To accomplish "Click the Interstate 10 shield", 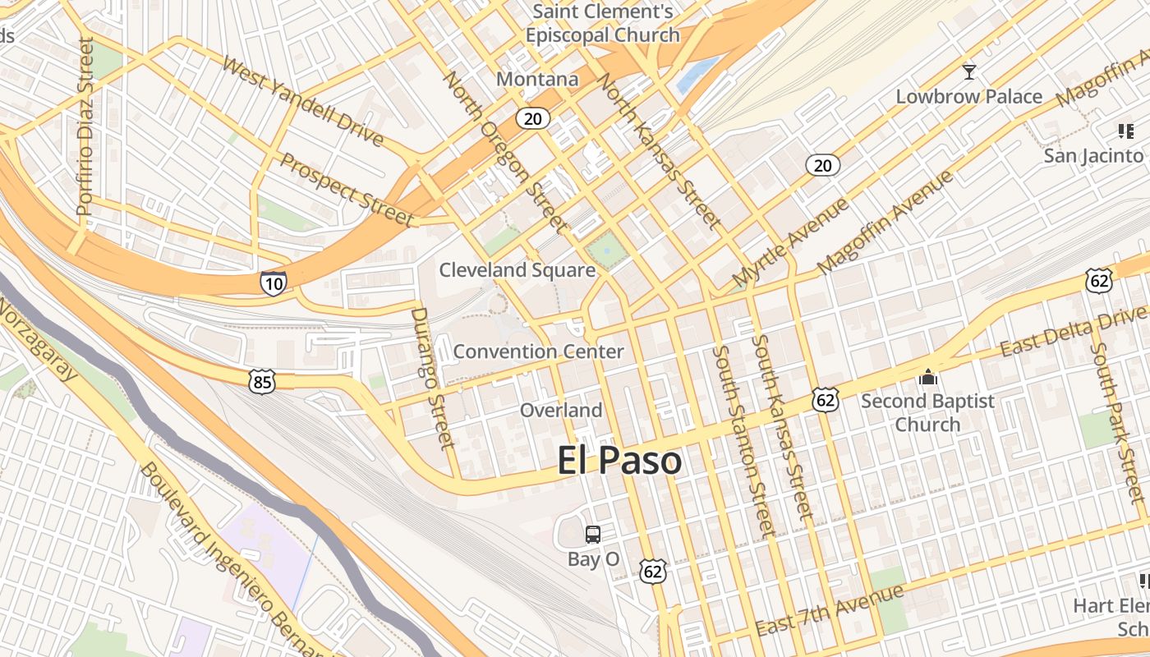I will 274,283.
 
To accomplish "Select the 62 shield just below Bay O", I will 653,571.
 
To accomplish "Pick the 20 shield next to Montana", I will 532,119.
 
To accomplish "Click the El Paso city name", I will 619,461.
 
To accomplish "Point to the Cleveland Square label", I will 517,270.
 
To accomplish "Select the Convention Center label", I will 538,351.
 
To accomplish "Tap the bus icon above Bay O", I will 592,535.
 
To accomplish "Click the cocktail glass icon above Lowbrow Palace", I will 969,72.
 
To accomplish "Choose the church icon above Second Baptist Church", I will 928,377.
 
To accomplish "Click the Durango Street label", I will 432,378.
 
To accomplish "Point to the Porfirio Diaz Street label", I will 85,127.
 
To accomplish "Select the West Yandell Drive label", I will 302,102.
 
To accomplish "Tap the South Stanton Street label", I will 743,441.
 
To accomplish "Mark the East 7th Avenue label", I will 829,610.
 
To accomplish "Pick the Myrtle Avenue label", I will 790,242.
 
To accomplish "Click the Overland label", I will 561,410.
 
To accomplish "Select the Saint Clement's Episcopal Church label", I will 603,23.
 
